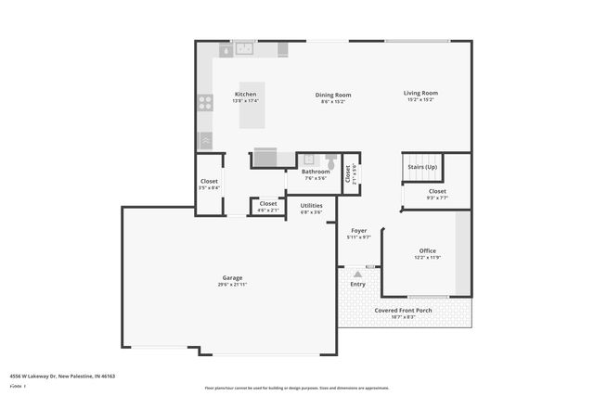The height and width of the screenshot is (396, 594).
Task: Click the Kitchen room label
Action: click(245, 94)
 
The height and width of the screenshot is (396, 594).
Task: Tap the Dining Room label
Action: click(333, 94)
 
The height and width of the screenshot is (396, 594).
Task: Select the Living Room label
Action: click(420, 93)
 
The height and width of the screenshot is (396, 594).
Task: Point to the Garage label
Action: click(232, 278)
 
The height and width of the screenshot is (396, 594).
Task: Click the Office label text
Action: click(427, 250)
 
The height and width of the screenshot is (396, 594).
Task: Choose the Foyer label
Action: click(358, 230)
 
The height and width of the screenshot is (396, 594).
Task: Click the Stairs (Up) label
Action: click(422, 167)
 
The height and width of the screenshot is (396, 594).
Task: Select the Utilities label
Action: click(311, 205)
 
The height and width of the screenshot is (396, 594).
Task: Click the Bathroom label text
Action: click(316, 172)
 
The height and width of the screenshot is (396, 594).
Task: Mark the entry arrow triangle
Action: click(357, 275)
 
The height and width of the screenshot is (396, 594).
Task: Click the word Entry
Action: click(357, 285)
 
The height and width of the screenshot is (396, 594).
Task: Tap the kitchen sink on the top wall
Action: click(244, 48)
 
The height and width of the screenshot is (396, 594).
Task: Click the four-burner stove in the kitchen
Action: click(205, 103)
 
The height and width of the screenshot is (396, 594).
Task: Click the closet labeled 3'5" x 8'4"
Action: click(209, 185)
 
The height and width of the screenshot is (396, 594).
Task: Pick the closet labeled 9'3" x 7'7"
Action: click(437, 194)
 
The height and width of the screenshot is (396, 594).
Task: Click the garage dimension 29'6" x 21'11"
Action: click(232, 285)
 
